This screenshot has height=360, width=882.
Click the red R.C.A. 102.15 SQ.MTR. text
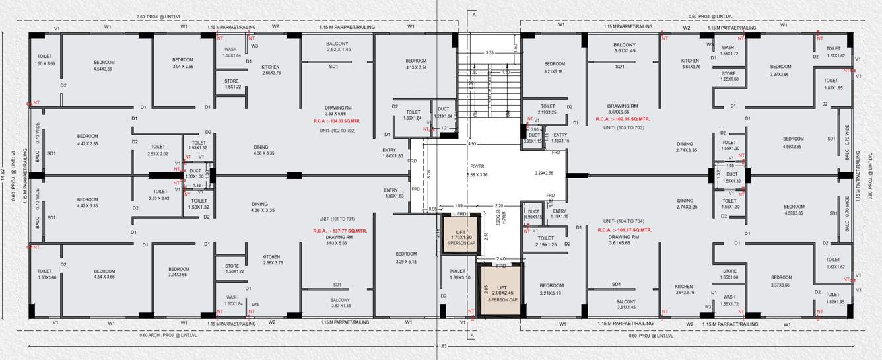coord(623,120)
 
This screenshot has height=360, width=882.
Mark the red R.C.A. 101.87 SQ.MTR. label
coord(623,230)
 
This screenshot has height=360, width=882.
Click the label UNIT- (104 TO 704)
coord(623,221)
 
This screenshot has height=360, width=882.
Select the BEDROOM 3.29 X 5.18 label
coord(406,258)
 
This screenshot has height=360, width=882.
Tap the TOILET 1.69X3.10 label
coord(459,274)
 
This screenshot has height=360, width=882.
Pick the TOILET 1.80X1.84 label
coord(413,115)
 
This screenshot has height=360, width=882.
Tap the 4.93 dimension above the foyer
coord(472,143)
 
